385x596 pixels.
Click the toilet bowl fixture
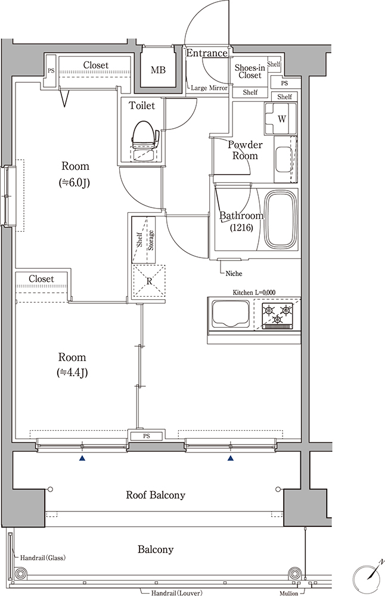click(x=144, y=141)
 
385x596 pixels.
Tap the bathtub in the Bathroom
click(x=281, y=219)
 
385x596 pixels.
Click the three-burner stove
click(x=277, y=314)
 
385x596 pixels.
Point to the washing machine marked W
click(x=281, y=118)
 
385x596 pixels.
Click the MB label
click(x=158, y=70)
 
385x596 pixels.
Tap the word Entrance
click(x=206, y=53)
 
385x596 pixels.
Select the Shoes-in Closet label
click(x=250, y=72)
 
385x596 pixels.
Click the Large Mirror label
click(x=209, y=88)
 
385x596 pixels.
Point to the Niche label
click(x=234, y=274)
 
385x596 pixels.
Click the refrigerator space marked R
click(x=149, y=281)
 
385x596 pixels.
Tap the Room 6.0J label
click(x=75, y=175)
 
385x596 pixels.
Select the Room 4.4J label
click(x=72, y=365)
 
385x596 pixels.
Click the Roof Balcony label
click(x=156, y=495)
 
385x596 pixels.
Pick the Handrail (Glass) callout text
click(x=42, y=558)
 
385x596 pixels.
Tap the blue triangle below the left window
click(x=82, y=459)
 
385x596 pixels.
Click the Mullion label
click(x=289, y=593)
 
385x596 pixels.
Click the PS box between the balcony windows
click(x=147, y=436)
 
